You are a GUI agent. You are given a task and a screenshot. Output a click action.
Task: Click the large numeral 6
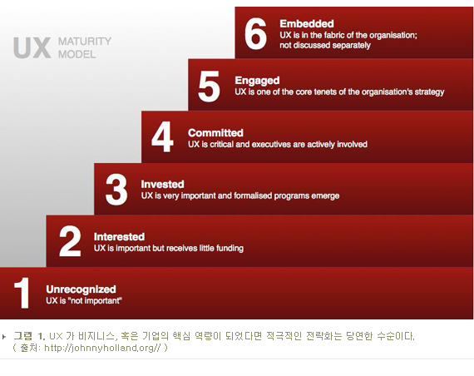[255, 33]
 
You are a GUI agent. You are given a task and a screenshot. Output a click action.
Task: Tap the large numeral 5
[209, 87]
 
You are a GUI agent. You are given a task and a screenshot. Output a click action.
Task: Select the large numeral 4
[162, 136]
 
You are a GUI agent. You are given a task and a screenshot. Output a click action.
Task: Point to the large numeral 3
[116, 190]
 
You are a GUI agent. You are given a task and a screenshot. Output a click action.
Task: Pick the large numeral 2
[70, 241]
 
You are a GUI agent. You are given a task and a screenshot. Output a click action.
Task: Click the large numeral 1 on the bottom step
[22, 293]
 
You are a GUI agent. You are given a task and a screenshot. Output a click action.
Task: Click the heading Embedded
[307, 23]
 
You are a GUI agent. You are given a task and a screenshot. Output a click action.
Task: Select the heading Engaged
[257, 81]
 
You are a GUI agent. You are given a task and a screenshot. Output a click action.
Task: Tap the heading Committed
[215, 133]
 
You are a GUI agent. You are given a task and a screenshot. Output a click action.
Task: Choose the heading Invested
[163, 184]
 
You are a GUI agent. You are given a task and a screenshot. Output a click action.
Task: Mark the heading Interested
[119, 236]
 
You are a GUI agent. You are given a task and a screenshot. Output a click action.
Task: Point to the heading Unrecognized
[81, 289]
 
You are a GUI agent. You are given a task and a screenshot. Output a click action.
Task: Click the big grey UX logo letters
[32, 47]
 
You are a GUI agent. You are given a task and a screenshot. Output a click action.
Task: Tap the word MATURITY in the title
[85, 41]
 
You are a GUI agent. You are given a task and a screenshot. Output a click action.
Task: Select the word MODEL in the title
[77, 54]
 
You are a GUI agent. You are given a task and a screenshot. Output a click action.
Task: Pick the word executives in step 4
[271, 144]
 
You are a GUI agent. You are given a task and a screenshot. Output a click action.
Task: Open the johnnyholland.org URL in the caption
[102, 348]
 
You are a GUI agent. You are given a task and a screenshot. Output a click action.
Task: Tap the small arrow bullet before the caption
[3, 336]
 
